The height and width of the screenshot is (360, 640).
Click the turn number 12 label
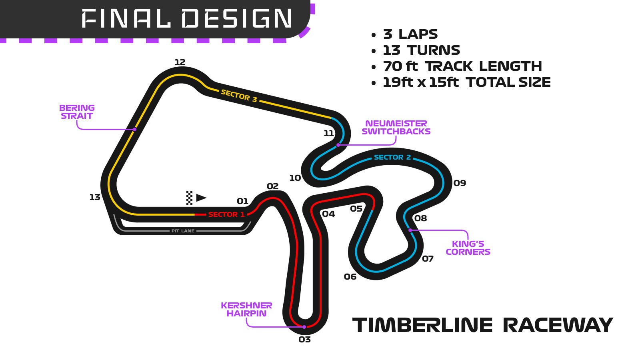[x=180, y=62]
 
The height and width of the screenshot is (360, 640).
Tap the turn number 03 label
[x=304, y=340]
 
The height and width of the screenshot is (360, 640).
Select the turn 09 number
[x=460, y=183]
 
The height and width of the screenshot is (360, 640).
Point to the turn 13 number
[x=95, y=197]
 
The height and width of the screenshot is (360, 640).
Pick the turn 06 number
[x=350, y=277]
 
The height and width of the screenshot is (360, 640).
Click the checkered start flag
[x=189, y=198]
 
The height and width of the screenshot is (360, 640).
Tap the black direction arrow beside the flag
[x=201, y=198]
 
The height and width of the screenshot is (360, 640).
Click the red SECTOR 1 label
[x=226, y=214]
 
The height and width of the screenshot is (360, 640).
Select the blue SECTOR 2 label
[x=392, y=157]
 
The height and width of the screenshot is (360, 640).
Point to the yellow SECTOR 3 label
[x=239, y=96]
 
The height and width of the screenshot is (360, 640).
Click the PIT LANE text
[x=183, y=231]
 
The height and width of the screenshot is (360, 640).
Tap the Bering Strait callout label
[x=77, y=112]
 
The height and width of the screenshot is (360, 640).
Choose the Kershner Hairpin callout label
[x=246, y=310]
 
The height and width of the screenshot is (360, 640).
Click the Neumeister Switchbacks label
[x=396, y=128]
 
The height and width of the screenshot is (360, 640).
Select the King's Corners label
[x=468, y=248]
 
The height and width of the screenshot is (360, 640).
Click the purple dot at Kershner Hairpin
[x=304, y=327]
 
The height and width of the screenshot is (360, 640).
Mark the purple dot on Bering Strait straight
[x=135, y=129]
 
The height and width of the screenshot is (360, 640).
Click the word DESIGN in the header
[x=237, y=19]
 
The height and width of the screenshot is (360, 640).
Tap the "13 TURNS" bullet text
[x=421, y=50]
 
